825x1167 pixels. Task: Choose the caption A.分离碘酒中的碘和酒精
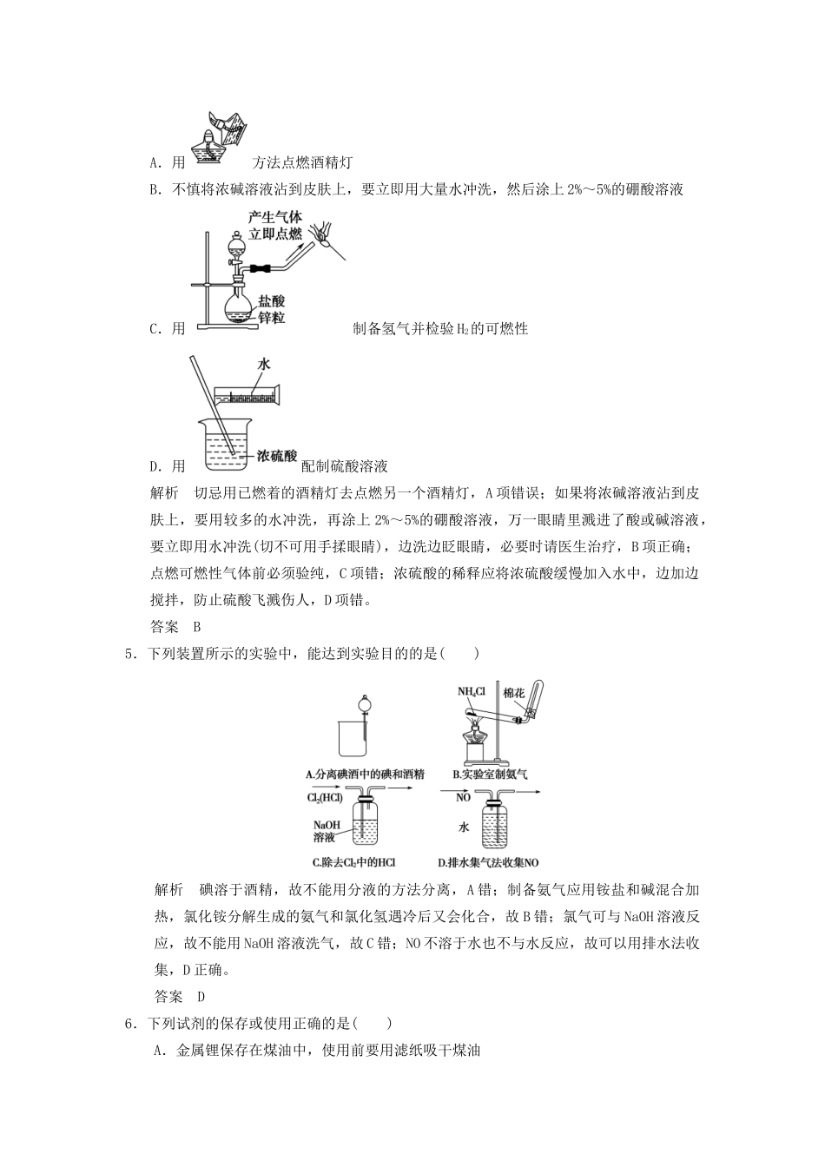[365, 773]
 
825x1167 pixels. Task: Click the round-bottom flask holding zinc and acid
[240, 306]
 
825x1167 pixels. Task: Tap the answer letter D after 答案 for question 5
[201, 997]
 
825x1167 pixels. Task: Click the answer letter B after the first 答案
[197, 626]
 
